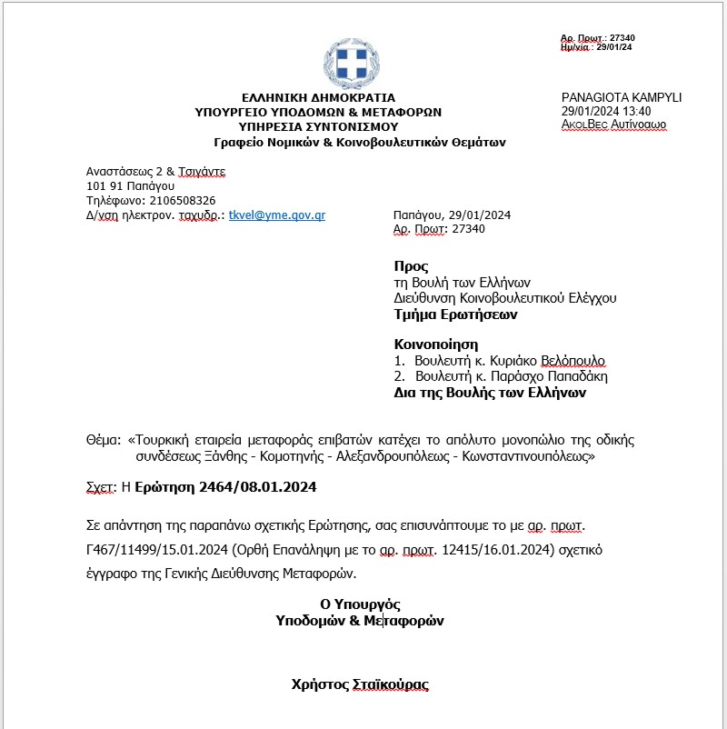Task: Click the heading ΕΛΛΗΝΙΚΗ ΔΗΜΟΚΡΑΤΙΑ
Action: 318,97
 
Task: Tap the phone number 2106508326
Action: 182,200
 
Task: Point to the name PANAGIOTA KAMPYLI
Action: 622,97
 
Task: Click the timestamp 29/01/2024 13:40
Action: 606,111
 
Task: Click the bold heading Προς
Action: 411,266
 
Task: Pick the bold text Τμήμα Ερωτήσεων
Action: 455,315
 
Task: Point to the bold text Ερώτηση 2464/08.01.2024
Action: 224,488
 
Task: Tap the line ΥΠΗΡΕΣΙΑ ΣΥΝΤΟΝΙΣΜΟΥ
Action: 318,127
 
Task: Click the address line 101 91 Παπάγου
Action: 130,185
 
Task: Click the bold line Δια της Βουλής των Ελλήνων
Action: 490,393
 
